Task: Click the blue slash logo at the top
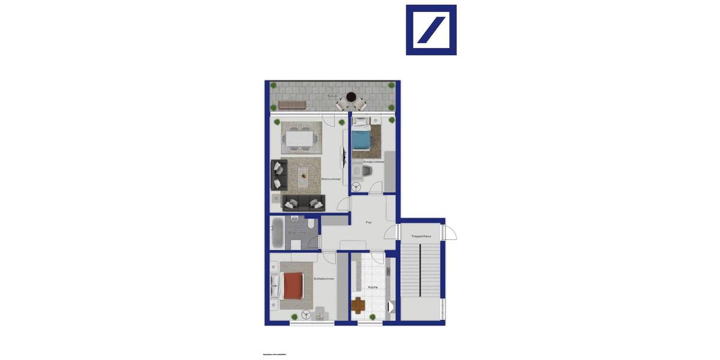(x=431, y=30)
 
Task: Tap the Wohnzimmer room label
(x=331, y=179)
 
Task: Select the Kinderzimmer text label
(x=374, y=162)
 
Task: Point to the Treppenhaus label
(x=421, y=236)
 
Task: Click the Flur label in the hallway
(x=370, y=223)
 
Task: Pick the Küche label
(x=373, y=287)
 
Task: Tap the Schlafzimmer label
(x=324, y=279)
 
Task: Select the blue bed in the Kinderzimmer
(x=361, y=140)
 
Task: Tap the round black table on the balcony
(x=351, y=97)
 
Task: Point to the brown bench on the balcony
(x=292, y=104)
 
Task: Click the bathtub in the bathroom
(x=277, y=233)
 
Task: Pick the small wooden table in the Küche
(x=358, y=305)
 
